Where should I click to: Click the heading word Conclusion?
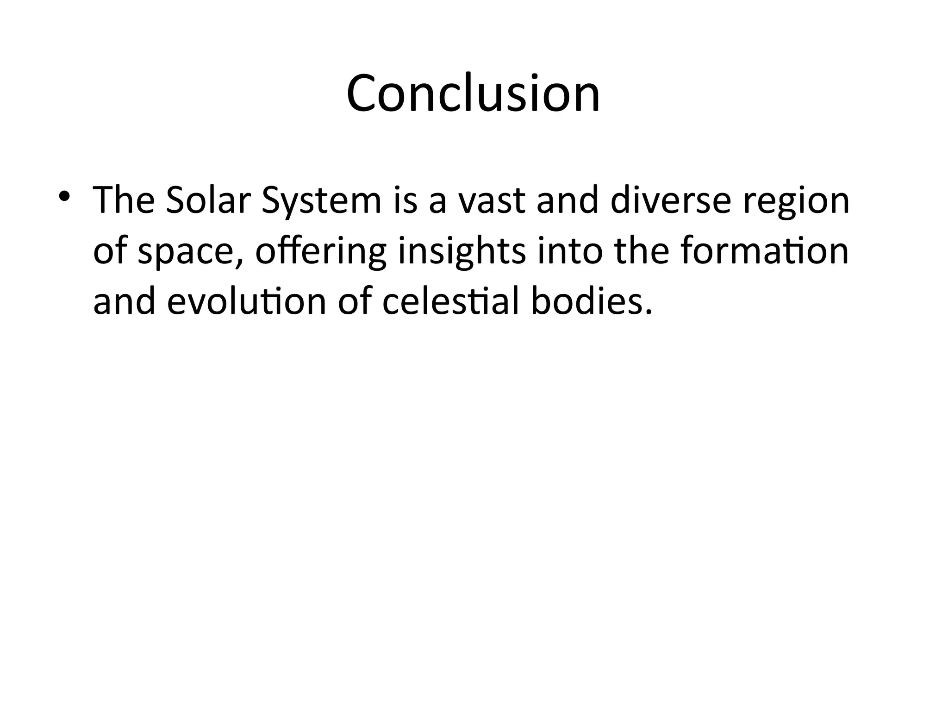(x=473, y=94)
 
